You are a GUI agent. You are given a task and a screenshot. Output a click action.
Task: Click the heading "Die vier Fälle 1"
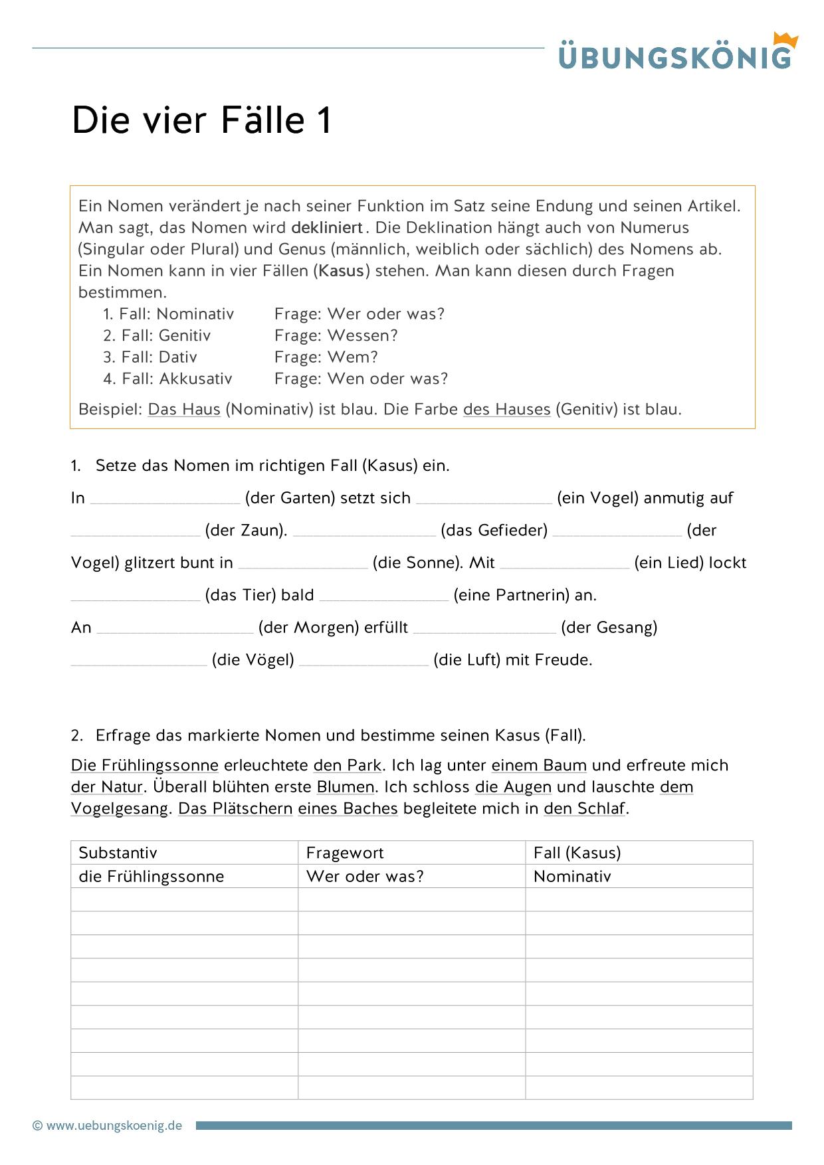pos(201,120)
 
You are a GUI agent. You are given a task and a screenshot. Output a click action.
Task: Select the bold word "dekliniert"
pos(327,228)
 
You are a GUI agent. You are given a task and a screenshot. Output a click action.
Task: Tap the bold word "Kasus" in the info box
pos(342,271)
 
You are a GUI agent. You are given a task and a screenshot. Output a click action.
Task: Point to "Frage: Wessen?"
pos(336,335)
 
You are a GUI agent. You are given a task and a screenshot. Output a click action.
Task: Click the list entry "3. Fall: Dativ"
pos(150,357)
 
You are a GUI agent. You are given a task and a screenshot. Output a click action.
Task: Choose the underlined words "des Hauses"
pos(506,409)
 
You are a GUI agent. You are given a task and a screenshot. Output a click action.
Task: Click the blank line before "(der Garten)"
pos(165,499)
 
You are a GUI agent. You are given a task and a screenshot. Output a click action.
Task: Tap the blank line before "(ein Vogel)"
pos(484,499)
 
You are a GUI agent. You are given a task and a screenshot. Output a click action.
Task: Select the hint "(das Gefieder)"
pos(494,530)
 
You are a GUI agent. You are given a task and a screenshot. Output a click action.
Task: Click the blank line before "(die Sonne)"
pos(302,564)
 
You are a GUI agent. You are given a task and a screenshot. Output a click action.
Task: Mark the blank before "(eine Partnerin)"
pos(383,596)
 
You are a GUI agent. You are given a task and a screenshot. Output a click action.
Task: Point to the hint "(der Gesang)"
pos(609,628)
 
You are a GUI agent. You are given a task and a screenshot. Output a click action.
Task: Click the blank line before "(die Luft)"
pos(363,661)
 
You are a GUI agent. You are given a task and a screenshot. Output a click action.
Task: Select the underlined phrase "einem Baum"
pos(539,765)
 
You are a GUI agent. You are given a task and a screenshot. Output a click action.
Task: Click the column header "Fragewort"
pos(345,853)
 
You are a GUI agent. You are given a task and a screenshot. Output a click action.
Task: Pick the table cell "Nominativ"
pos(572,877)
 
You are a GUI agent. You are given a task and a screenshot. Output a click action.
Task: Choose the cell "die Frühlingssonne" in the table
pos(152,877)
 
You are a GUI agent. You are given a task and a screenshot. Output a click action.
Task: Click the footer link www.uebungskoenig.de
pos(114,1126)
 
